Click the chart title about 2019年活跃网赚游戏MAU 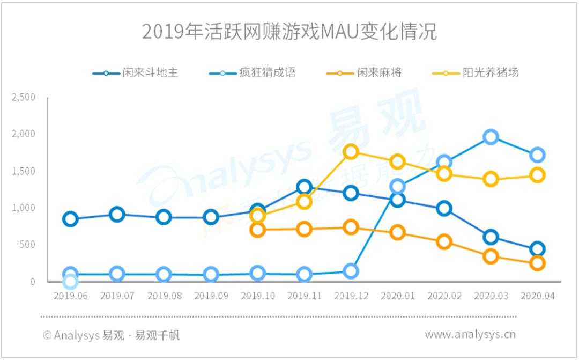pyautogui.click(x=289, y=32)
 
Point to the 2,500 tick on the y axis pyautogui.click(x=24, y=97)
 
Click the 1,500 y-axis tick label pyautogui.click(x=24, y=171)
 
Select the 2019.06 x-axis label pyautogui.click(x=70, y=296)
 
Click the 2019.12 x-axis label pyautogui.click(x=351, y=296)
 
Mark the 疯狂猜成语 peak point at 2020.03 pyautogui.click(x=491, y=137)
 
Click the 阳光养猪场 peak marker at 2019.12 pyautogui.click(x=351, y=152)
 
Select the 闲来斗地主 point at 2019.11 pyautogui.click(x=304, y=187)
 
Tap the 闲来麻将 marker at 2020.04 pyautogui.click(x=537, y=263)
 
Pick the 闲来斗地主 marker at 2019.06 pyautogui.click(x=70, y=219)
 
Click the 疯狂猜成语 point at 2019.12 pyautogui.click(x=351, y=271)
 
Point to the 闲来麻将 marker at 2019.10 pyautogui.click(x=257, y=230)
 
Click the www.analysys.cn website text pyautogui.click(x=470, y=334)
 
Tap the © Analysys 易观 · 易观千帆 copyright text pyautogui.click(x=112, y=335)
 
